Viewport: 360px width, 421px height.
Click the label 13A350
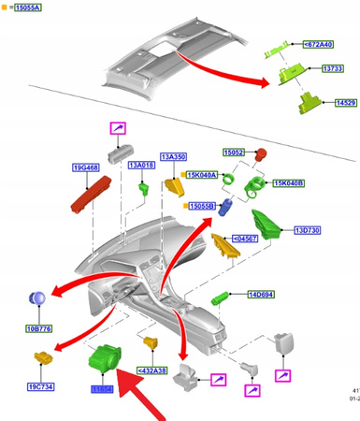click(x=174, y=157)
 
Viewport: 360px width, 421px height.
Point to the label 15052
click(x=234, y=152)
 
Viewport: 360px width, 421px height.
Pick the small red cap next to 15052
click(x=263, y=154)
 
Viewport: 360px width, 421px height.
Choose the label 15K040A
click(x=202, y=174)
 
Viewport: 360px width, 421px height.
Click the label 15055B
click(x=203, y=206)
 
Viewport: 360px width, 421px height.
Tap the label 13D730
click(x=308, y=230)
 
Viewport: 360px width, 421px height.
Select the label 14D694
click(x=259, y=295)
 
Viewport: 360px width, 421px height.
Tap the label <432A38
click(x=153, y=370)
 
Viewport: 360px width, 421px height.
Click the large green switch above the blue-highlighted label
click(x=103, y=358)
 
